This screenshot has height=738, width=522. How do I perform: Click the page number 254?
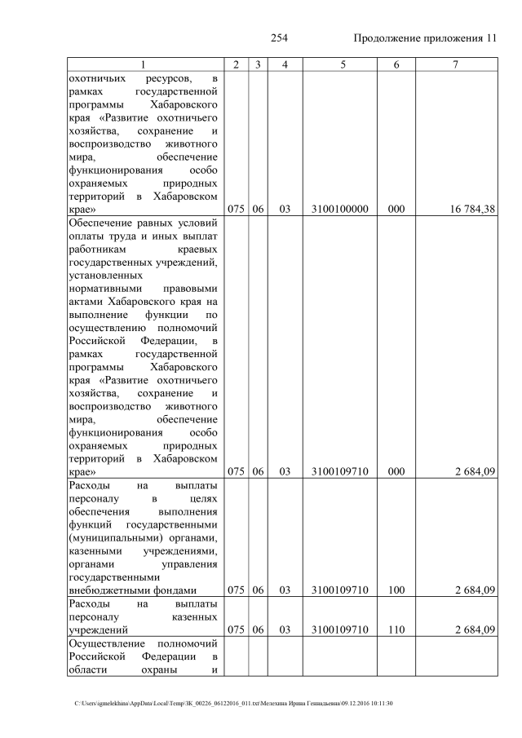(x=280, y=38)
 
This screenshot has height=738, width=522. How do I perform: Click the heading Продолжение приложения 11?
(x=425, y=38)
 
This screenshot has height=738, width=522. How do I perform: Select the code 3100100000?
(x=340, y=210)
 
